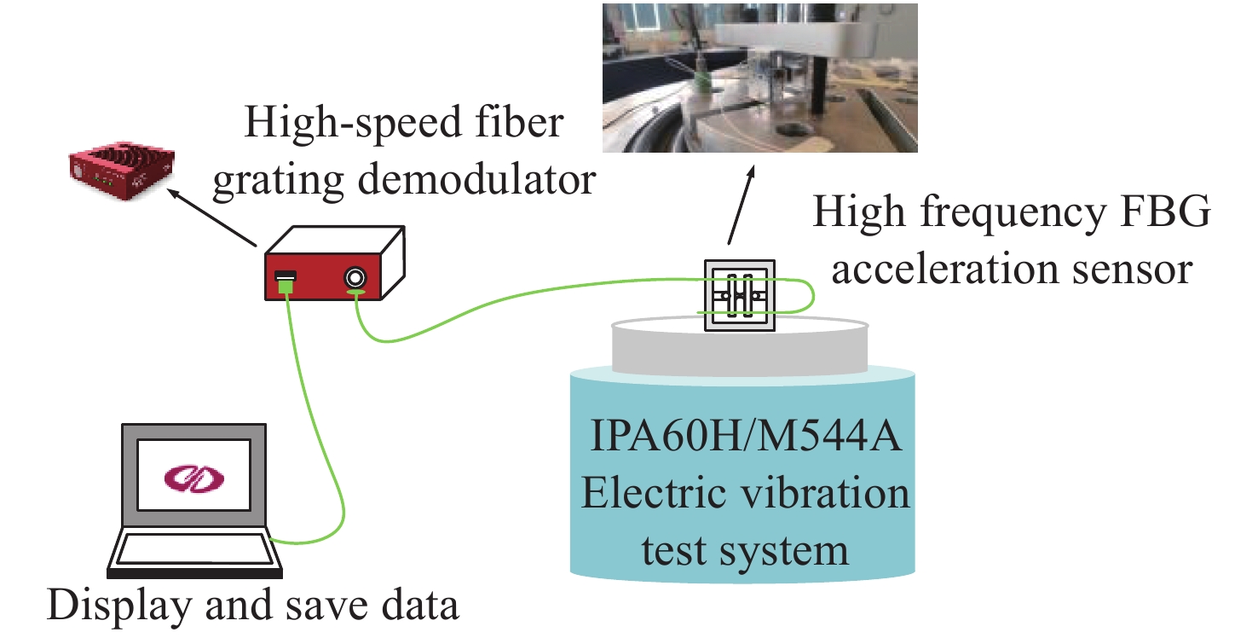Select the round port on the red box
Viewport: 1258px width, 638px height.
click(355, 277)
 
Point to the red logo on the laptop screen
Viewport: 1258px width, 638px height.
click(193, 475)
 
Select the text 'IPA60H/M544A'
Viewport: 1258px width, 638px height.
click(742, 444)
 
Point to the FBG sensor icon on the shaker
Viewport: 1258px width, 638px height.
click(739, 295)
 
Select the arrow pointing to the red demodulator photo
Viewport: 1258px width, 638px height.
click(213, 218)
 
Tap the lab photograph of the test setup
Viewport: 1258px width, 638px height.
click(759, 77)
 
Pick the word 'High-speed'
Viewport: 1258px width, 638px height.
click(336, 125)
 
